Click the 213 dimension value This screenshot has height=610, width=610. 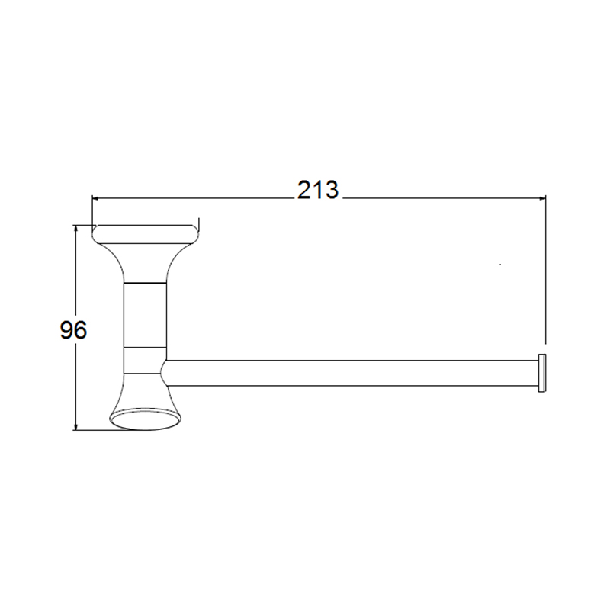point(318,191)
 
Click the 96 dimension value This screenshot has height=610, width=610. point(73,330)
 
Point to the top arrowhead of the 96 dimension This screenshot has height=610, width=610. point(75,228)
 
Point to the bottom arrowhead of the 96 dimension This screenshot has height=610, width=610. point(75,427)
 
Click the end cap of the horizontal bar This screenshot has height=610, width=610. point(542,373)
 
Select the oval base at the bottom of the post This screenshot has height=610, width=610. point(146,419)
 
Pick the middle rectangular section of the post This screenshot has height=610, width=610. point(145,315)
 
